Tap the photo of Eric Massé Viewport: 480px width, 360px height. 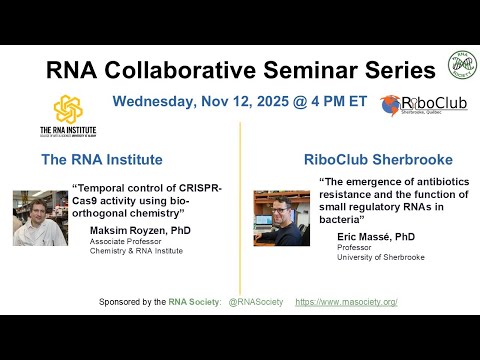click(281, 218)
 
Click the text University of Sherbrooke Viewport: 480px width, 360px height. click(373, 257)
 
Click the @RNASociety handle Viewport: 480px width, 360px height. click(258, 301)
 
